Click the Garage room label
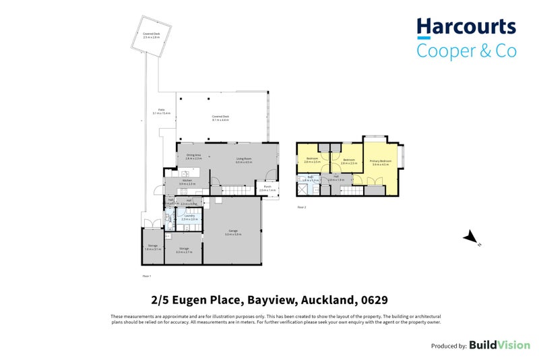[234, 233]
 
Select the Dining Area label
[194, 157]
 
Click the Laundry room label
[189, 218]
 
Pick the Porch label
[267, 189]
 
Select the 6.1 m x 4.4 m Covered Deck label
[222, 117]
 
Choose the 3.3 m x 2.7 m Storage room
[184, 250]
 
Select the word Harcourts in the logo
[466, 28]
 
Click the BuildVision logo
[499, 344]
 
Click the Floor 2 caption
[300, 208]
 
